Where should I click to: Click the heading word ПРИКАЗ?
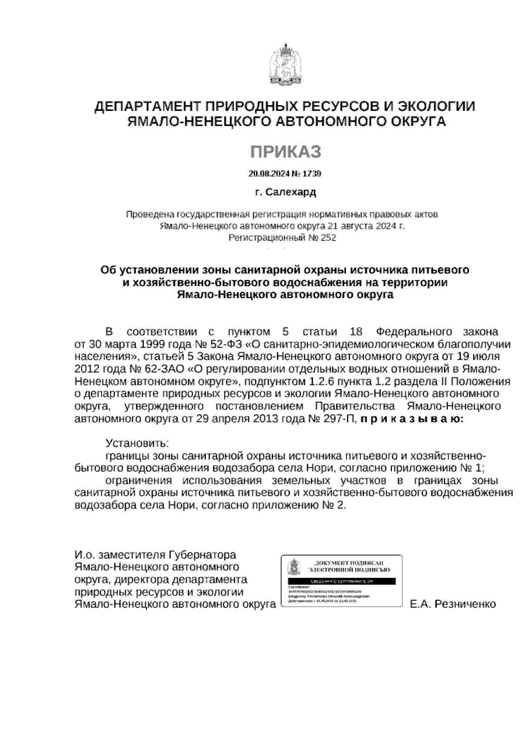point(285,152)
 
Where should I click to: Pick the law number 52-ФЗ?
point(228,345)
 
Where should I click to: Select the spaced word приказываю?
point(412,419)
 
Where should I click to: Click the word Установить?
point(137,443)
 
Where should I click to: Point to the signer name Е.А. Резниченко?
point(453,604)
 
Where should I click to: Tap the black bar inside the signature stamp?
point(341,581)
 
